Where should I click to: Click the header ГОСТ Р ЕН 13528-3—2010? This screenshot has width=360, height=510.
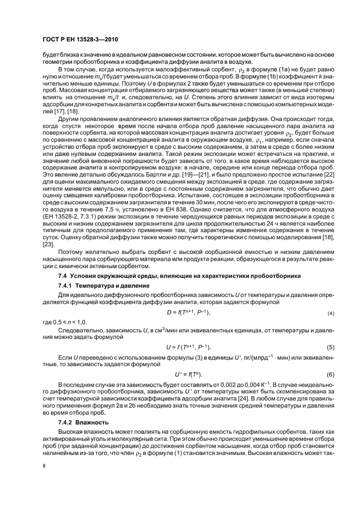pyautogui.click(x=81, y=40)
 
